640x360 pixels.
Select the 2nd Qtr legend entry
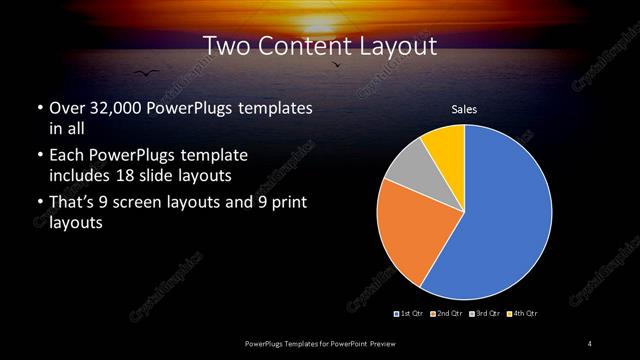tap(447, 314)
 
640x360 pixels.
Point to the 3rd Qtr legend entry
tap(486, 314)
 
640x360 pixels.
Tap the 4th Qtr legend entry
tap(524, 314)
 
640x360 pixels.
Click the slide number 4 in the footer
tap(590, 344)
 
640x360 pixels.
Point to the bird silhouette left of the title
tap(146, 72)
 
